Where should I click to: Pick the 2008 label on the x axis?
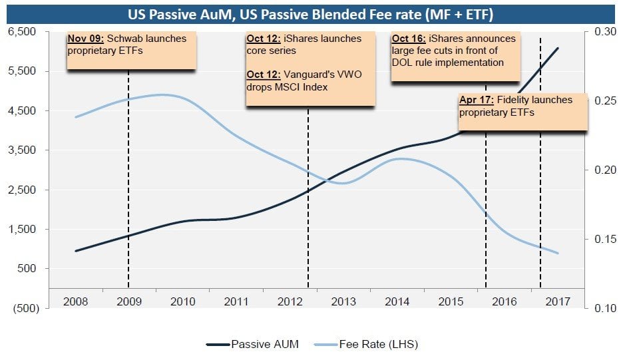pos(75,301)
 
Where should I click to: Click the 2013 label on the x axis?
pos(343,301)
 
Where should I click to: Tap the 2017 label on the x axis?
pos(558,301)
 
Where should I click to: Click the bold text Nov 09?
pos(85,39)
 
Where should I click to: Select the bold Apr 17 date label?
pos(477,100)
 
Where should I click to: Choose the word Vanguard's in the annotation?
pos(311,75)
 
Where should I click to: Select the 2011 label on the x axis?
pos(236,301)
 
